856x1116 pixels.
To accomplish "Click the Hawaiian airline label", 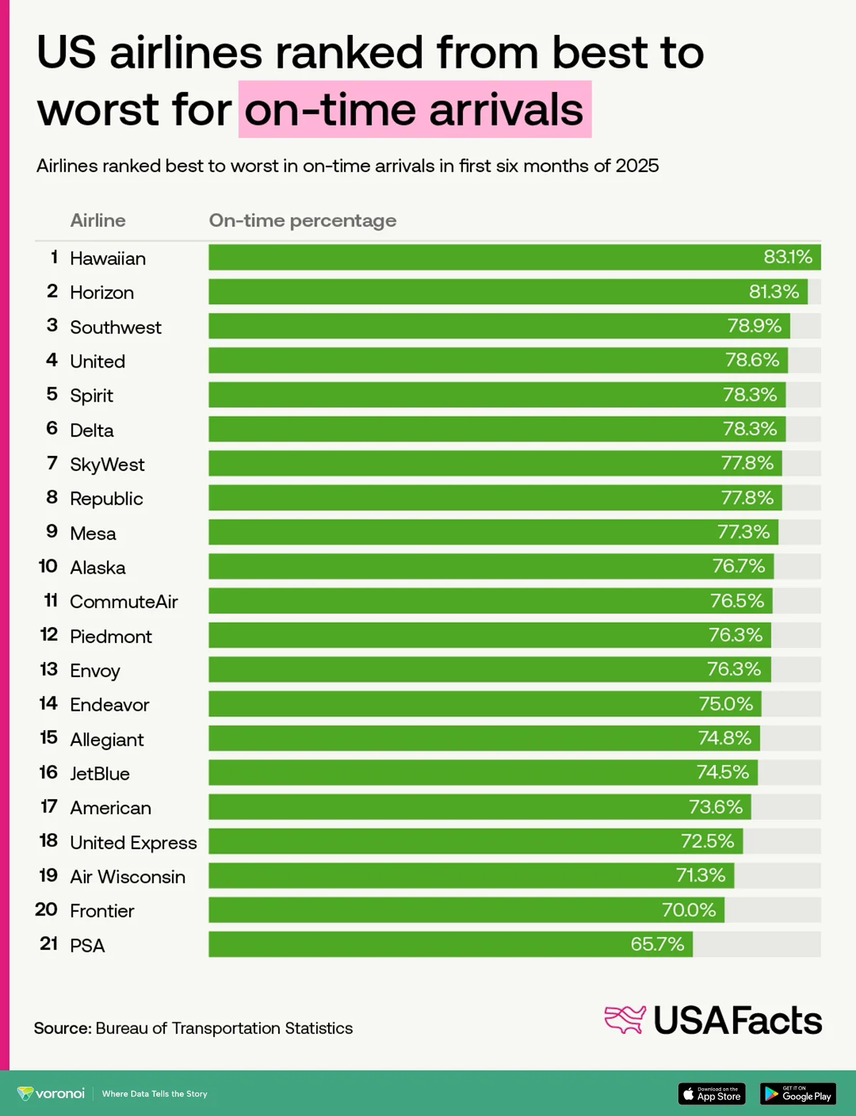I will [x=108, y=258].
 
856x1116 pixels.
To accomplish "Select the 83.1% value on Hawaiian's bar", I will [x=788, y=257].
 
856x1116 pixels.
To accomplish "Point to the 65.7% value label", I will [x=657, y=944].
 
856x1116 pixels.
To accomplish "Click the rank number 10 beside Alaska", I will [x=48, y=567].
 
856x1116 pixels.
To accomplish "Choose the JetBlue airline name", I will [x=100, y=773].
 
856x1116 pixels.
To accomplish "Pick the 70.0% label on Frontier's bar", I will [x=688, y=910].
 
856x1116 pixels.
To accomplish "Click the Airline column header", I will [x=98, y=220].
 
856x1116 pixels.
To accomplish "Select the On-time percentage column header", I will [x=302, y=220].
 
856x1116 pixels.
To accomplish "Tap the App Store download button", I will [x=711, y=1093].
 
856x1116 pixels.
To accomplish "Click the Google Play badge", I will [x=798, y=1093].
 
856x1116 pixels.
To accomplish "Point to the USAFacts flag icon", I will [x=625, y=1020].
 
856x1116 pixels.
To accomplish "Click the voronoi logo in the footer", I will [x=51, y=1093].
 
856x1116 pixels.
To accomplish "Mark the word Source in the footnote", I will [x=62, y=1028].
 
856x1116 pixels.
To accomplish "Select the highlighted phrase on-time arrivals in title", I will [x=414, y=110].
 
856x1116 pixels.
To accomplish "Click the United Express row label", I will [x=133, y=843].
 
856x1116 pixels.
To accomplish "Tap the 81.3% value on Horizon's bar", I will [x=773, y=292].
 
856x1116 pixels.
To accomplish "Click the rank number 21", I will [x=49, y=944].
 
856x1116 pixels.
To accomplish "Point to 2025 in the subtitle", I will [x=637, y=166].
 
